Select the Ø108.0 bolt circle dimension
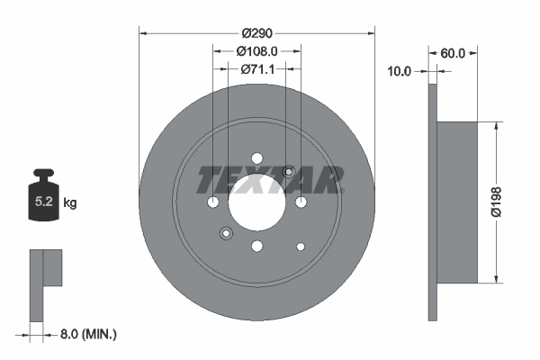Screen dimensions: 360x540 tap(256, 52)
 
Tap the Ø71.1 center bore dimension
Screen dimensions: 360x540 tap(256, 68)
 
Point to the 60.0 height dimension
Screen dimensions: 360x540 tap(453, 53)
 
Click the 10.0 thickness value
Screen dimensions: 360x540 tap(399, 70)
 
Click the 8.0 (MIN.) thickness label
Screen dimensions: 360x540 tap(87, 334)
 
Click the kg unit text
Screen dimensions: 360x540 tap(70, 203)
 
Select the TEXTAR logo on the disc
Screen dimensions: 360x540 tap(270, 179)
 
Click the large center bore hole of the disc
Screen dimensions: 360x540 tap(256, 202)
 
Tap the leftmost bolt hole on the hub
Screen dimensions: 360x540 tap(212, 202)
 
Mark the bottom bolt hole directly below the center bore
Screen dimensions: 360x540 tap(256, 246)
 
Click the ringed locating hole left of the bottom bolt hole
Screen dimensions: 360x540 tap(225, 234)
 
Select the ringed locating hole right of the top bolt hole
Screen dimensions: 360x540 tap(289, 171)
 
